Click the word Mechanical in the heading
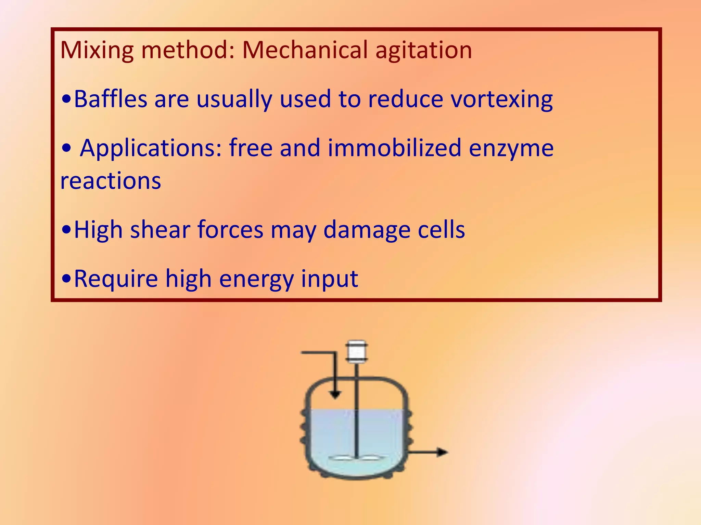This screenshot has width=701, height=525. (305, 50)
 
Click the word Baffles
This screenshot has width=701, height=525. (110, 99)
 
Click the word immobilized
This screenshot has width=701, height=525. (394, 148)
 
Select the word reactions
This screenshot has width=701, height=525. (111, 181)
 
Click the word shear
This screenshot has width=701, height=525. (160, 229)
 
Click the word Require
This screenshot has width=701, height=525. (116, 279)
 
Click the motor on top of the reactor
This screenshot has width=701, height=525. (356, 351)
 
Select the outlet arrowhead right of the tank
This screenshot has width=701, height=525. (443, 452)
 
